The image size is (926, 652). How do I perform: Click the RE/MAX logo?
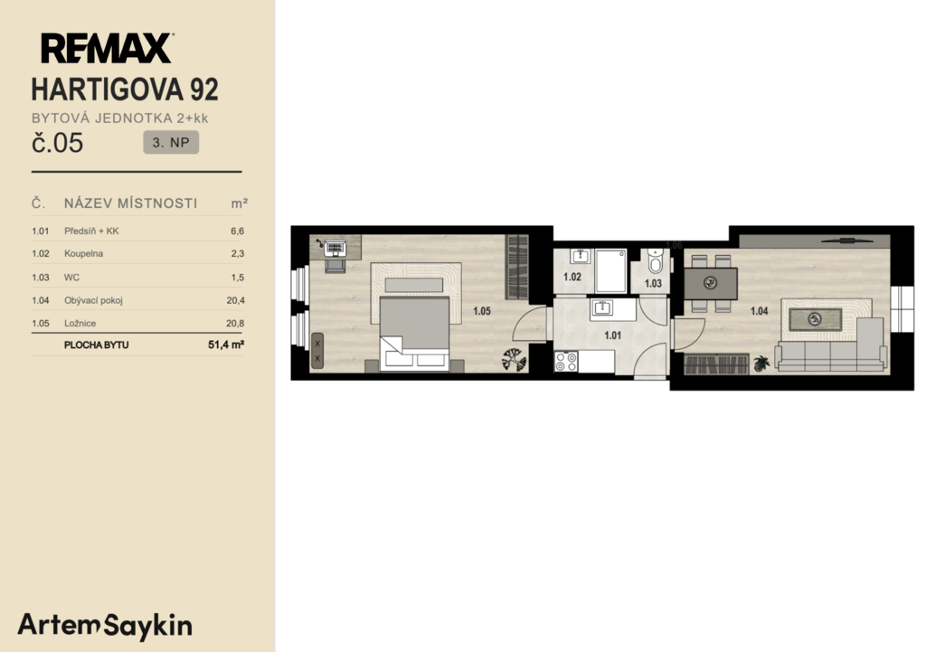pyautogui.click(x=107, y=49)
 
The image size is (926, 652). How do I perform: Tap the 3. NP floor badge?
pyautogui.click(x=171, y=142)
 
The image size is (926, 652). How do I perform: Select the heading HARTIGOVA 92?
pyautogui.click(x=125, y=90)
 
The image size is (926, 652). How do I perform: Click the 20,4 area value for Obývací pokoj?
pyautogui.click(x=235, y=300)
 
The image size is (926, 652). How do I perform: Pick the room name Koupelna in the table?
pyautogui.click(x=83, y=253)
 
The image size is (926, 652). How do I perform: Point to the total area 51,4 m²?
pyautogui.click(x=225, y=345)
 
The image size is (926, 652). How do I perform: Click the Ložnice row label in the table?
pyautogui.click(x=80, y=323)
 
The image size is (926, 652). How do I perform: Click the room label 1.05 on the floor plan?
pyautogui.click(x=482, y=311)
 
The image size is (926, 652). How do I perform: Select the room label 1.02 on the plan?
pyautogui.click(x=572, y=277)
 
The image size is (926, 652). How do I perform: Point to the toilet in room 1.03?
pyautogui.click(x=655, y=260)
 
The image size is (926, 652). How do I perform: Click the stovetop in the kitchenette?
pyautogui.click(x=566, y=362)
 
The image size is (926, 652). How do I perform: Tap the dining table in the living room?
pyautogui.click(x=711, y=283)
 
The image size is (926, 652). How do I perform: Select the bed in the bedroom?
pyautogui.click(x=414, y=334)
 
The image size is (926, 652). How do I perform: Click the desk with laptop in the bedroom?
pyautogui.click(x=335, y=248)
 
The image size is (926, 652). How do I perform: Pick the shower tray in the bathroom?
pyautogui.click(x=610, y=271)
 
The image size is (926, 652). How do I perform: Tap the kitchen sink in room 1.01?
pyautogui.click(x=602, y=308)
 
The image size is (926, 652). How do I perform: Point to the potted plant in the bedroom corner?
pyautogui.click(x=515, y=359)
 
